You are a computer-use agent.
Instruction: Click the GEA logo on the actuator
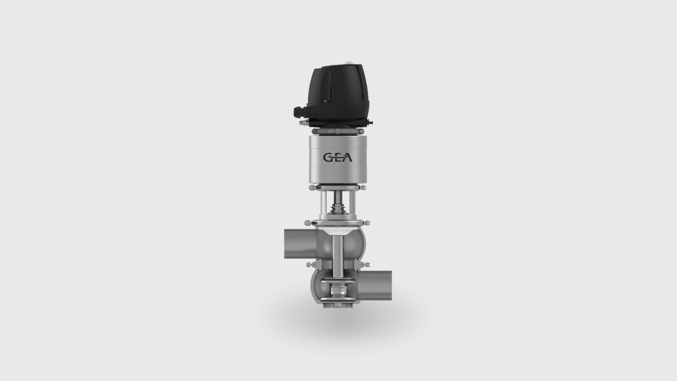[337, 158]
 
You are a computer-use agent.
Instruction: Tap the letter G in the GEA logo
[328, 158]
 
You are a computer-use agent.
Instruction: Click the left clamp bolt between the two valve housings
[309, 265]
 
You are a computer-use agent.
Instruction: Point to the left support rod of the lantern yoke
[322, 206]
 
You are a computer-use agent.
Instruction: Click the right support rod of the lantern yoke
[353, 206]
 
